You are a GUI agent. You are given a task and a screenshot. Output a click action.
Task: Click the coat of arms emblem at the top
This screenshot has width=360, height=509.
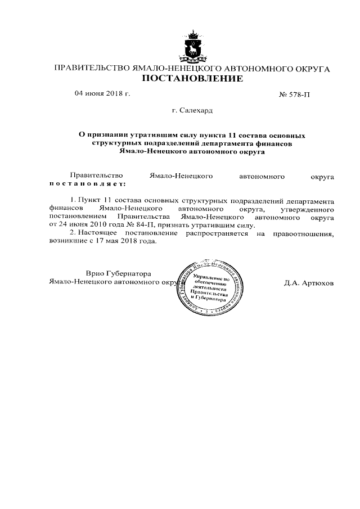click(x=192, y=46)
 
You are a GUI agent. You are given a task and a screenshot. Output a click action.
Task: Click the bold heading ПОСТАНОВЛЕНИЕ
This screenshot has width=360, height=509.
click(x=192, y=79)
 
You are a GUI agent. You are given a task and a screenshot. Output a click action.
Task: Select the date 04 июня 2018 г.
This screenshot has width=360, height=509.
click(x=102, y=93)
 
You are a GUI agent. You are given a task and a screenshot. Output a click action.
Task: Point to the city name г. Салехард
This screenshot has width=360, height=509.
click(x=192, y=111)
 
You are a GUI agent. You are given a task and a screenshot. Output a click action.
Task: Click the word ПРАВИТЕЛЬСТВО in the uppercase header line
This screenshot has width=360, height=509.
click(x=90, y=68)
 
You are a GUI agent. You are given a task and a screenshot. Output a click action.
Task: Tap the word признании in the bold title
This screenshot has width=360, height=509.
click(x=107, y=136)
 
